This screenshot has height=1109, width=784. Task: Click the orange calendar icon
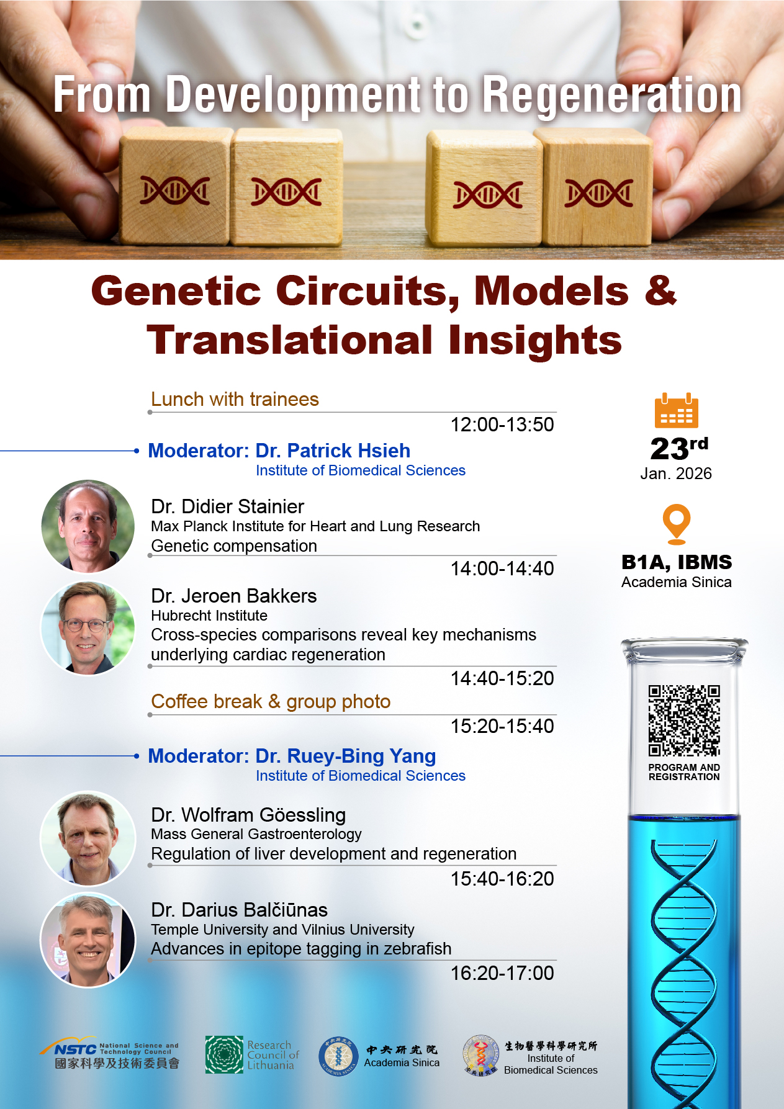(x=676, y=410)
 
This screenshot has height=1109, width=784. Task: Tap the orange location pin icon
(x=676, y=523)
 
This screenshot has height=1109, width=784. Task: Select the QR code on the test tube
(x=683, y=721)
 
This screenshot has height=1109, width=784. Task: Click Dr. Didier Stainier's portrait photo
(x=88, y=526)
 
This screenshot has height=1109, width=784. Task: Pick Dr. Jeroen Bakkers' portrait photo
(x=88, y=628)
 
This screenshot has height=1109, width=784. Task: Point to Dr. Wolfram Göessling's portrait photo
(x=88, y=838)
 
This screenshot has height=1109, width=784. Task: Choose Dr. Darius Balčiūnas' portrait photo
(x=88, y=940)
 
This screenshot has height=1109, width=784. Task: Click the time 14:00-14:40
(x=502, y=568)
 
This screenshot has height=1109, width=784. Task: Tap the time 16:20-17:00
(x=502, y=973)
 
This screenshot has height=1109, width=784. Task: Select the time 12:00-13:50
(x=502, y=424)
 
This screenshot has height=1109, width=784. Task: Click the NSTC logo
(x=76, y=1049)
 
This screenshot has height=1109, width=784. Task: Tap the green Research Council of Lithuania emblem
(x=224, y=1054)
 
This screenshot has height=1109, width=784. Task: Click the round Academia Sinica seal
(x=338, y=1056)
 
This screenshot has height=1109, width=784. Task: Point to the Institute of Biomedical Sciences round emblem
(x=481, y=1056)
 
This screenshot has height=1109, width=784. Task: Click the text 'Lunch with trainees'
(x=235, y=399)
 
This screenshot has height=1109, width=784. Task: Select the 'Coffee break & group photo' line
(x=271, y=702)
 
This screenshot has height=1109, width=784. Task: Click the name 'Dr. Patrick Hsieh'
(x=333, y=451)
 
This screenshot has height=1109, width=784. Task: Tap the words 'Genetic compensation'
(x=234, y=546)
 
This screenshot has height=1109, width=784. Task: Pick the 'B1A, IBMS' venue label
(x=676, y=562)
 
